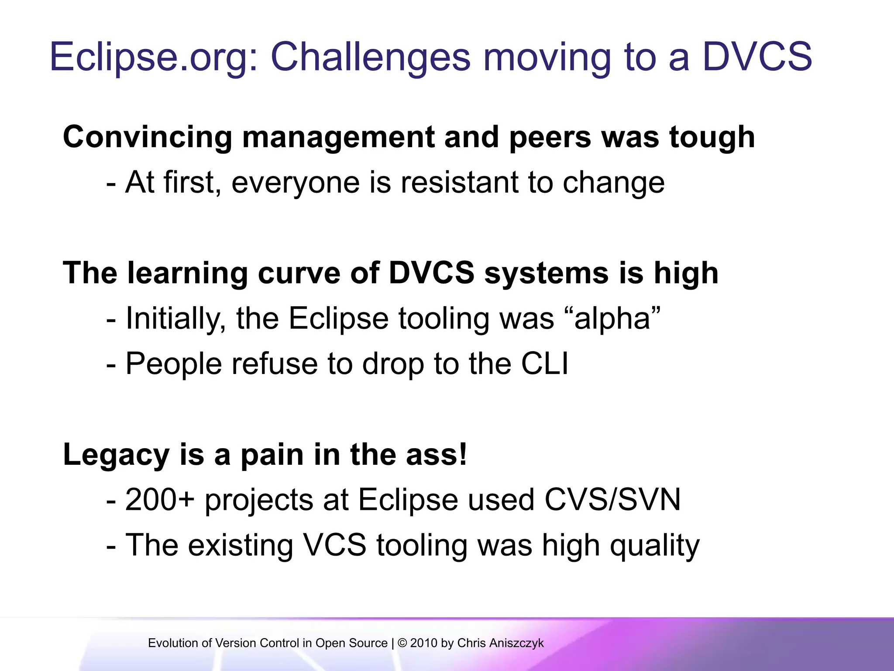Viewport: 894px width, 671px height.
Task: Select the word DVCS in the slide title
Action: point(757,57)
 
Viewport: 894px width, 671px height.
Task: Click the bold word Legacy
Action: point(116,455)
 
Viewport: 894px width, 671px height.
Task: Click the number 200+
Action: point(160,500)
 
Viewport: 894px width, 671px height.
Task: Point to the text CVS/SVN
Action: point(612,500)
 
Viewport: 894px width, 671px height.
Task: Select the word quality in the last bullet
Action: point(655,546)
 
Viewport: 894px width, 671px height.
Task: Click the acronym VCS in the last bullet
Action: point(334,545)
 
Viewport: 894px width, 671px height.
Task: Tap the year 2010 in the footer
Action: point(423,643)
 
